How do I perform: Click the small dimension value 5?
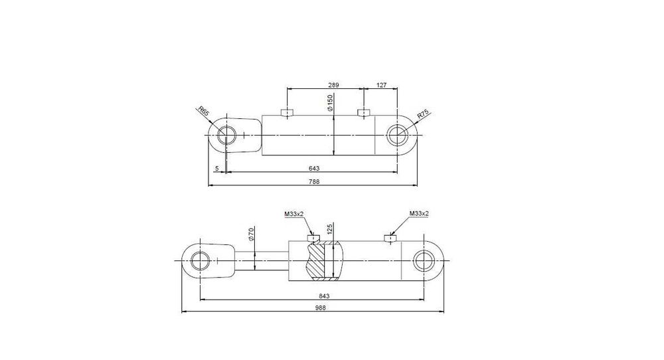tap(217, 169)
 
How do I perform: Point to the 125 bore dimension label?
tap(330, 231)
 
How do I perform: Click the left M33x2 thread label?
tap(293, 213)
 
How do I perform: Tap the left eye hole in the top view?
tap(230, 135)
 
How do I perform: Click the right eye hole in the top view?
tap(398, 135)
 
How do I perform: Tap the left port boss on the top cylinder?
tap(287, 112)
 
